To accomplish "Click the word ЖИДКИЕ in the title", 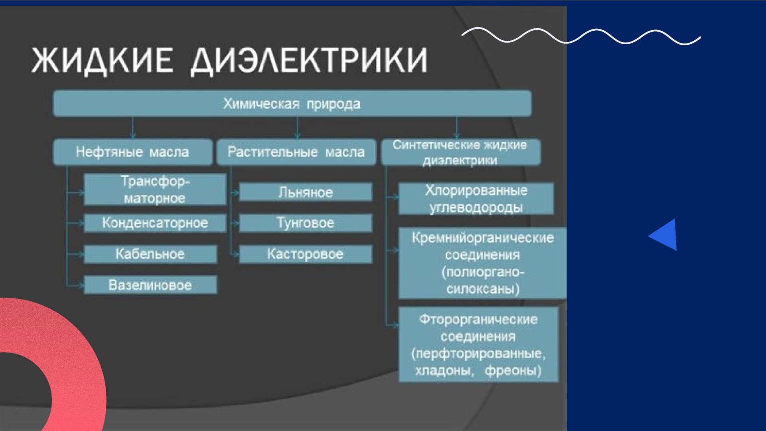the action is [x=102, y=60].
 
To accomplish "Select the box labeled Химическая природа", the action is [x=292, y=103].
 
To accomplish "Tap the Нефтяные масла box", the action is [x=132, y=152].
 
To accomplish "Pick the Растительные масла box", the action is [x=296, y=152].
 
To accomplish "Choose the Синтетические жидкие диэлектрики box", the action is [x=461, y=152].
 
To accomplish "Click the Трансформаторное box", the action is [x=155, y=189].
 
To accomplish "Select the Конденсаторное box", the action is [x=155, y=223].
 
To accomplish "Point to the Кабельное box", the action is [x=150, y=254].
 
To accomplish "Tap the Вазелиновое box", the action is [x=150, y=285].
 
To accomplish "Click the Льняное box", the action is [x=306, y=192].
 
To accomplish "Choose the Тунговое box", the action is [x=306, y=223].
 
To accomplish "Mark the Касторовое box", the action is [x=306, y=254].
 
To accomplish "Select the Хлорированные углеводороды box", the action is [x=476, y=198].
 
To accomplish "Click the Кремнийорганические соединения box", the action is [x=482, y=263].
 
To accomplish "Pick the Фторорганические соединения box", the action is [x=478, y=345].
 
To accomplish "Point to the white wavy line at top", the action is [x=581, y=36].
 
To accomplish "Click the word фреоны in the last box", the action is [x=513, y=371].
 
